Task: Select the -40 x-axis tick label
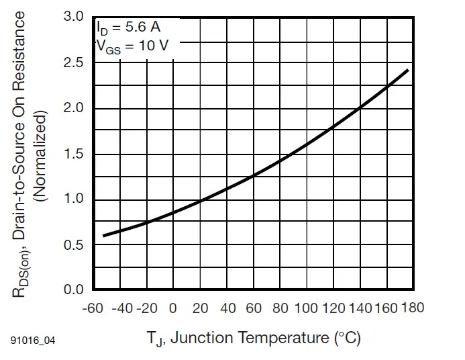(x=121, y=308)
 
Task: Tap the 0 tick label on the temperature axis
(x=173, y=308)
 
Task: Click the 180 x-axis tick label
(x=413, y=308)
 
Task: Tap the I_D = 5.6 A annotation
(x=128, y=29)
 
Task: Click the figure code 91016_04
(x=32, y=341)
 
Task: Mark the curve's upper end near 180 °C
(x=407, y=70)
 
